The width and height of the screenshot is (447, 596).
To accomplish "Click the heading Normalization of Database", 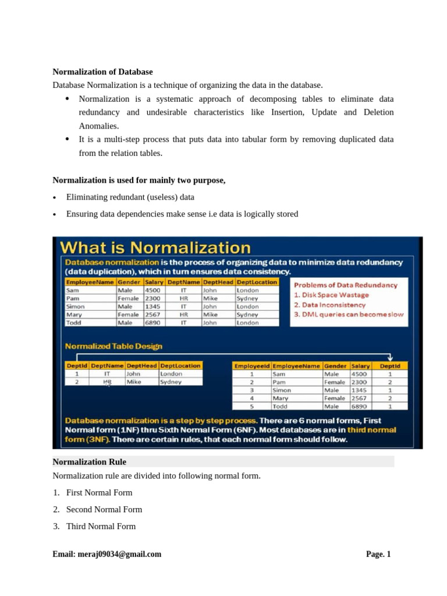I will pyautogui.click(x=102, y=72).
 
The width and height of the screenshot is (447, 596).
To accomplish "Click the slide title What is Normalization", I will pyautogui.click(x=157, y=247).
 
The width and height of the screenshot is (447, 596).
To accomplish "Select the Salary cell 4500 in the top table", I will pyautogui.click(x=152, y=290).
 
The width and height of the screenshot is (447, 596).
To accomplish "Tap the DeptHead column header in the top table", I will pyautogui.click(x=218, y=282).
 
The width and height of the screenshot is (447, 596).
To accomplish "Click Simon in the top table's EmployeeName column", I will pyautogui.click(x=76, y=306).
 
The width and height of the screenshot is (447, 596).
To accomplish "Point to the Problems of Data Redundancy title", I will pyautogui.click(x=346, y=285).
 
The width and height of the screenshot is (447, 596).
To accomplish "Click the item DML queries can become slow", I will pyautogui.click(x=349, y=314).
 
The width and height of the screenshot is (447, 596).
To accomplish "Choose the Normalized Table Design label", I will pyautogui.click(x=113, y=346).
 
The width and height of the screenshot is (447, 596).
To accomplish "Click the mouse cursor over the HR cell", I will pyautogui.click(x=108, y=384).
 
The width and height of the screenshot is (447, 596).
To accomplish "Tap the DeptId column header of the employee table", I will pyautogui.click(x=389, y=366).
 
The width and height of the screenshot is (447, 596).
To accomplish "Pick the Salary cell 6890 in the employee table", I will pyautogui.click(x=359, y=407).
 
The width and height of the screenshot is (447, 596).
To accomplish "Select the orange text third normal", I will pyautogui.click(x=372, y=430).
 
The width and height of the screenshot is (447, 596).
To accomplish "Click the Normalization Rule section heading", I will pyautogui.click(x=90, y=462).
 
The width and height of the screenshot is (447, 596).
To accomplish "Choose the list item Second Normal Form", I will pyautogui.click(x=104, y=509).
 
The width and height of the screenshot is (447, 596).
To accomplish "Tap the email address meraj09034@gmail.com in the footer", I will pyautogui.click(x=107, y=554).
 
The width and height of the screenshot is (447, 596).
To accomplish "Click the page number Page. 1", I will pyautogui.click(x=378, y=554).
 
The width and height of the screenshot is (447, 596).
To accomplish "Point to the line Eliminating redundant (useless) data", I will pyautogui.click(x=130, y=197).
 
